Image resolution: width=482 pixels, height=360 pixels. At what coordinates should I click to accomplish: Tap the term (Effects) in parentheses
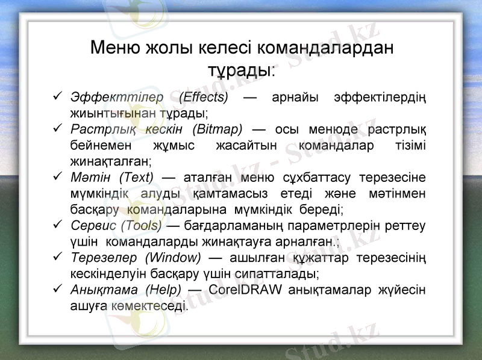pos(204,97)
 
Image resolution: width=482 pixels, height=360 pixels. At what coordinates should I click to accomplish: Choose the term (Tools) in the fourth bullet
pos(142,226)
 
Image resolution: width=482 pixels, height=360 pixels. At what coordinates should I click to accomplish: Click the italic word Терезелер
pos(104,258)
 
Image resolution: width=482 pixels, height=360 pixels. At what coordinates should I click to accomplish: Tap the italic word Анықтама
pos(104,290)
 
